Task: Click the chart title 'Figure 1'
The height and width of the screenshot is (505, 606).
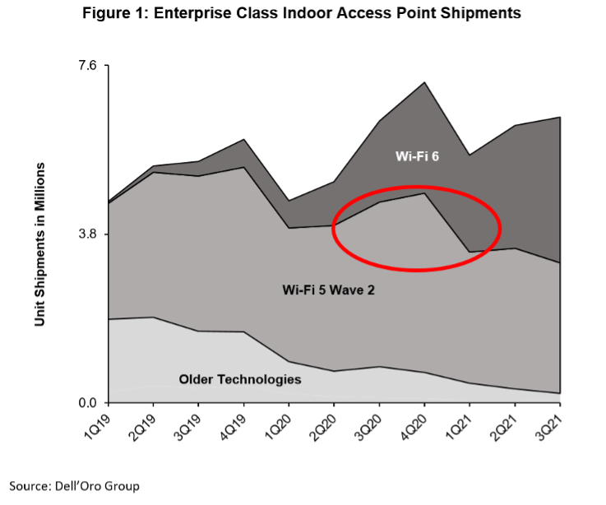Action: pos(302,14)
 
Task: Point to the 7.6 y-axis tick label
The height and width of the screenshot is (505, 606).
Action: pos(86,65)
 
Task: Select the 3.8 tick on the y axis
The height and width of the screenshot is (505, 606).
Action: pos(86,234)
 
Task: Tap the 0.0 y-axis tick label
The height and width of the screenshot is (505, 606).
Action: pos(86,403)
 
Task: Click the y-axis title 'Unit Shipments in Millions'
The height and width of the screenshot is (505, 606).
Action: pos(39,244)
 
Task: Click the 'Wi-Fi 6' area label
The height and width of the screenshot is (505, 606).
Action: pos(417,156)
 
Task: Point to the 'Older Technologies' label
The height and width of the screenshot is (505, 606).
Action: pos(240,379)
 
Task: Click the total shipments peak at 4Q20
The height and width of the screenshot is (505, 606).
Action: pos(424,82)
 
